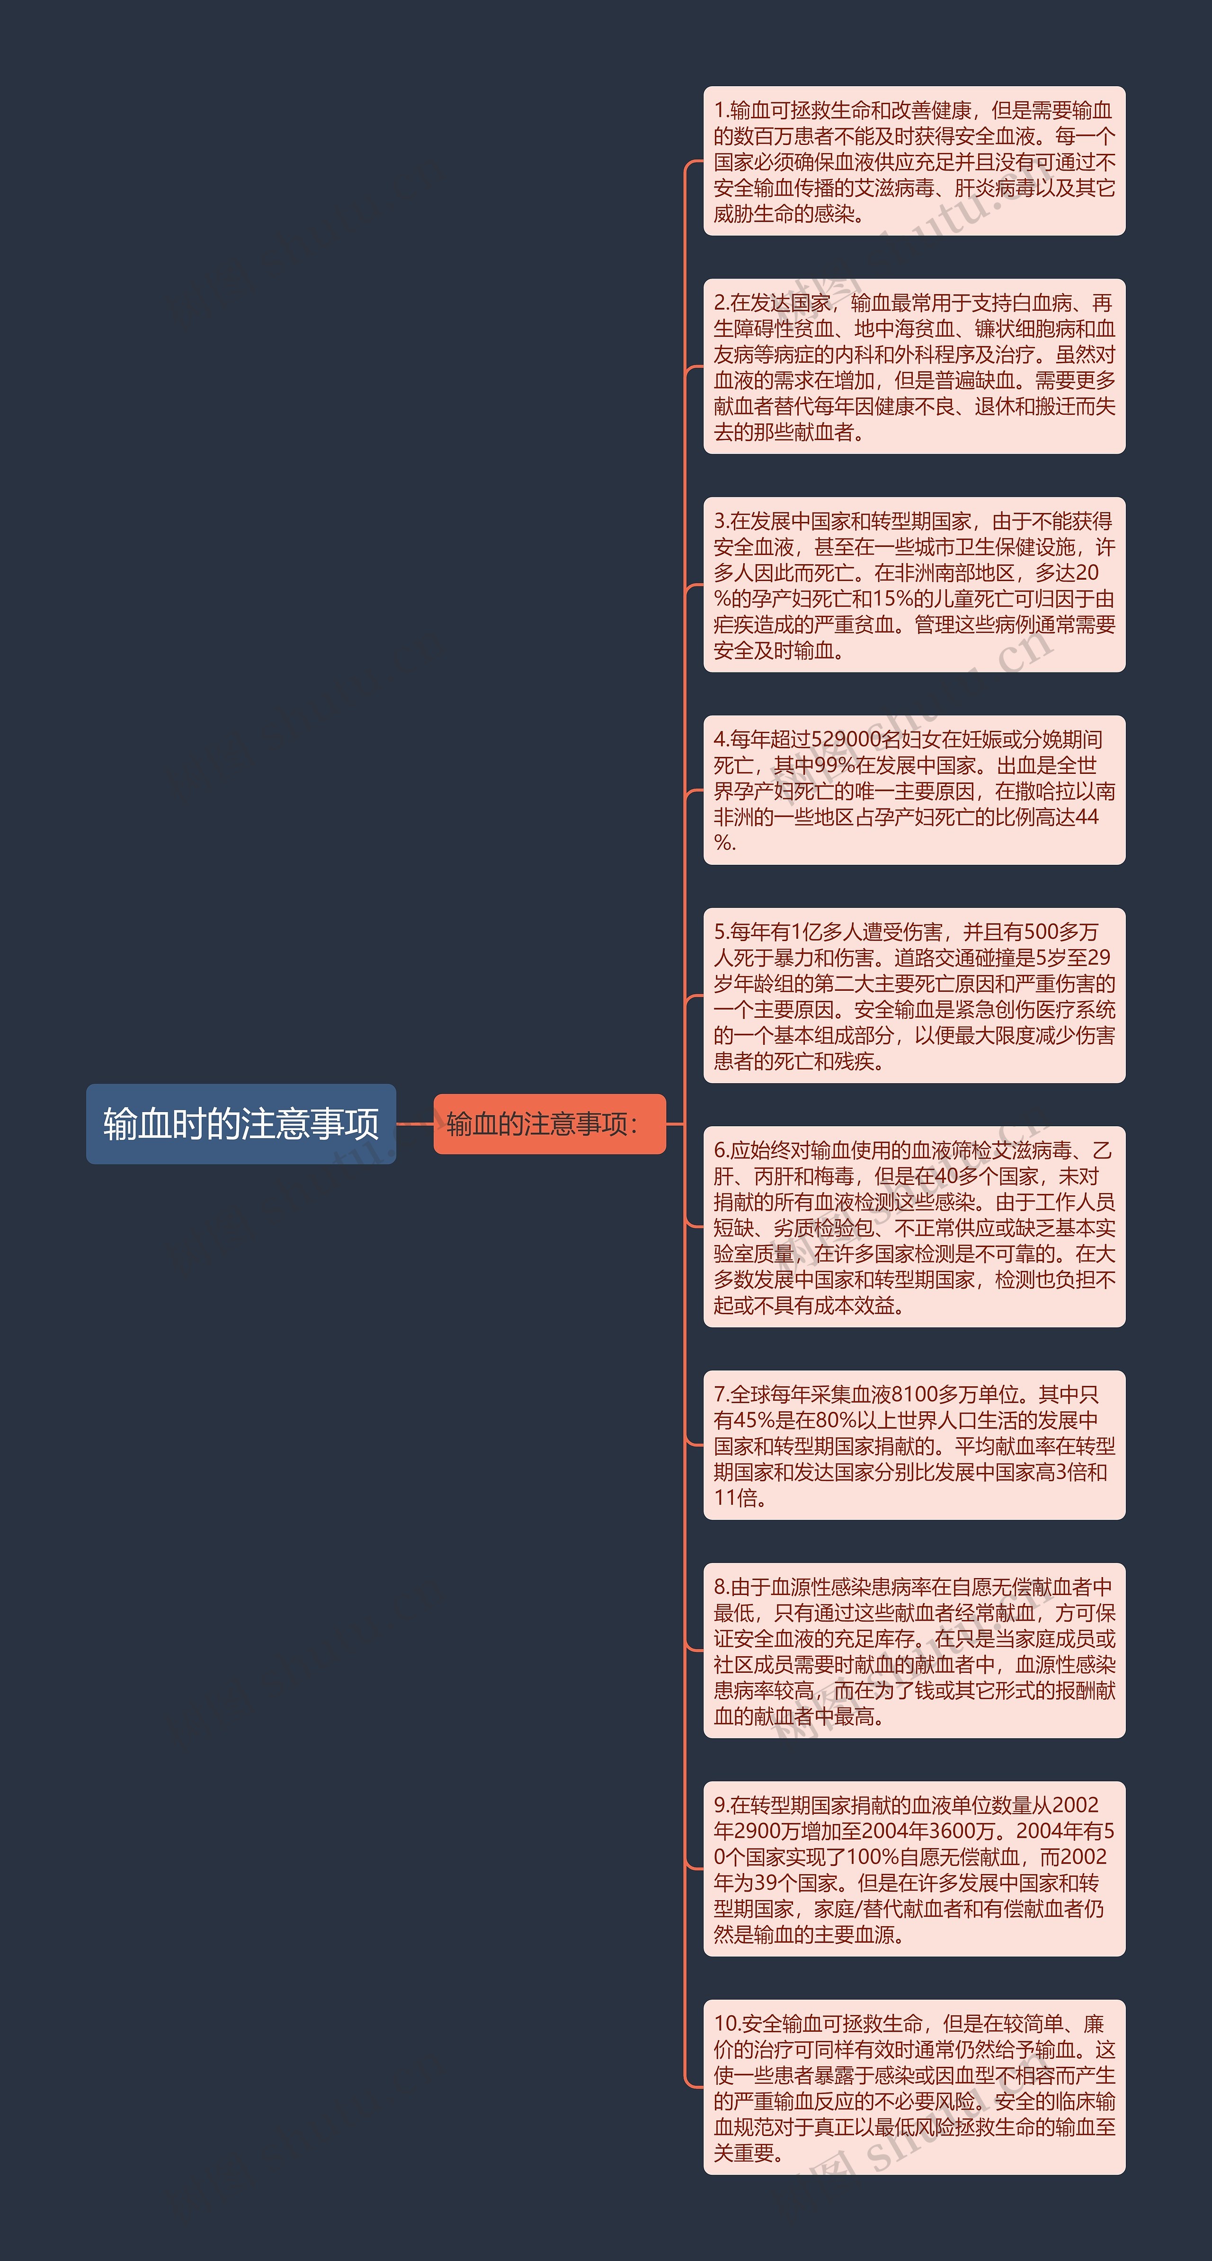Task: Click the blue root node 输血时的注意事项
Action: click(x=241, y=1123)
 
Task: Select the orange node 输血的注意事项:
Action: click(x=549, y=1123)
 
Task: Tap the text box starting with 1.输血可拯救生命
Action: click(x=914, y=161)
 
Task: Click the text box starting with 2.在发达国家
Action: click(x=914, y=367)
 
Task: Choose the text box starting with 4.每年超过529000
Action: click(x=914, y=790)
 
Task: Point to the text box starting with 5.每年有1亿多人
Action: click(x=914, y=996)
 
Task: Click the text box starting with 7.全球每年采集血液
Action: click(x=914, y=1445)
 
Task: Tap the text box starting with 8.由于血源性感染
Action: click(x=914, y=1650)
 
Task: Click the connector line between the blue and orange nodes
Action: click(x=414, y=1123)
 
